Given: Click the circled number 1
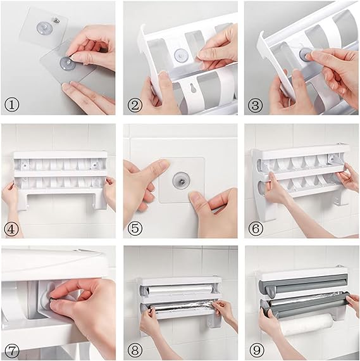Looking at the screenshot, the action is click(12, 104).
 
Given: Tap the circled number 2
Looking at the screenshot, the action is click(135, 105).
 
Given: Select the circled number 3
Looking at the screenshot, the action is click(256, 105).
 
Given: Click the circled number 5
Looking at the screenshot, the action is click(135, 229).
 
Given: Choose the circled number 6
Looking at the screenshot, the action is click(256, 229).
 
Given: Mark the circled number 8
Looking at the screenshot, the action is click(135, 350).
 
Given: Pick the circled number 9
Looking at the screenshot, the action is click(256, 350).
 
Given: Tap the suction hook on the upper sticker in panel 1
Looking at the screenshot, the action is click(44, 28).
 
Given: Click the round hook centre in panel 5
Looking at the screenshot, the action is click(181, 181).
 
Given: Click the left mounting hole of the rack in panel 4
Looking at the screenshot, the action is click(25, 165).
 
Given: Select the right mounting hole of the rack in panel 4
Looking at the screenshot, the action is click(94, 165).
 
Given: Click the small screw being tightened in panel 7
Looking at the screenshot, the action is click(51, 300).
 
